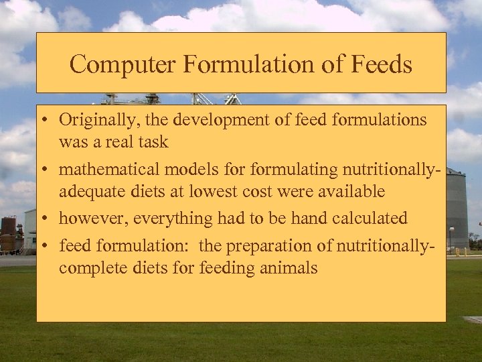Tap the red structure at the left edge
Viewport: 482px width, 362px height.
8,235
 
